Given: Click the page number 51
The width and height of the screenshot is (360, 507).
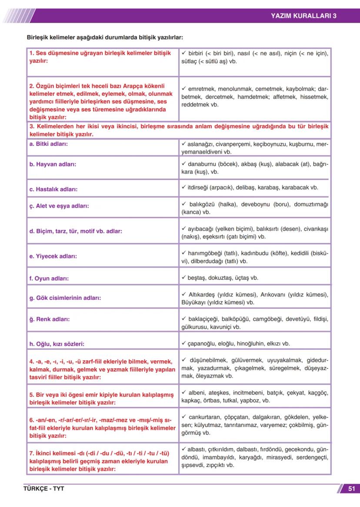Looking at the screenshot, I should pos(351,488).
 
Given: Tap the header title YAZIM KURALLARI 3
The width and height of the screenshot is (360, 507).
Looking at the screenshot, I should pos(303,16).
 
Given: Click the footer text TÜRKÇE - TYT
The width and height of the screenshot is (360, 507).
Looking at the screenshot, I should pos(44,488).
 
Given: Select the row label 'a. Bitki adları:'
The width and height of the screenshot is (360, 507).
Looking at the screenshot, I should pos(48,143).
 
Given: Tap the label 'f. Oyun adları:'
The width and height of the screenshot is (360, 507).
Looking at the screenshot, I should pos(49,278).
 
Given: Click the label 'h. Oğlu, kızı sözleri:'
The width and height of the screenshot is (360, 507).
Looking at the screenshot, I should pos(57,344).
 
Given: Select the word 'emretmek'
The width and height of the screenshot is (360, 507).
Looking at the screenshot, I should pos(201,88).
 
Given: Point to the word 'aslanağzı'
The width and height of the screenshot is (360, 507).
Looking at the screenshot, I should pos(201,144).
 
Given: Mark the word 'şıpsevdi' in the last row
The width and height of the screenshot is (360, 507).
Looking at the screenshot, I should pos(193,465).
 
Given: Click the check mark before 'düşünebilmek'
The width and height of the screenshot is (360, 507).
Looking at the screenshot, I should pos(184,360).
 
